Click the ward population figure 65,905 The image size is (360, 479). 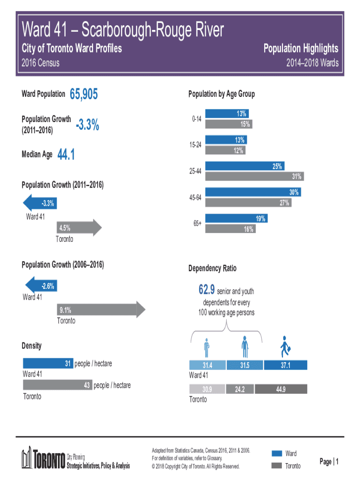click(84, 95)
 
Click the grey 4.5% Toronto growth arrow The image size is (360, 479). click(78, 228)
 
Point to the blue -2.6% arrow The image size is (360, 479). click(41, 286)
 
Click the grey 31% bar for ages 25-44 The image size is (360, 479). click(255, 176)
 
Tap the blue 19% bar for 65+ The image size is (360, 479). click(236, 218)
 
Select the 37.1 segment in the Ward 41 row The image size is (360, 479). click(286, 365)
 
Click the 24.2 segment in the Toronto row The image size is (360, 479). click(240, 389)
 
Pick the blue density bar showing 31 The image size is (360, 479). click(48, 363)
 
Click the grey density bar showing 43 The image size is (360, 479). click(57, 385)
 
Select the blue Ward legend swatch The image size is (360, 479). click(277, 453)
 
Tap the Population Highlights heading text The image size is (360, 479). click(301, 49)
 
